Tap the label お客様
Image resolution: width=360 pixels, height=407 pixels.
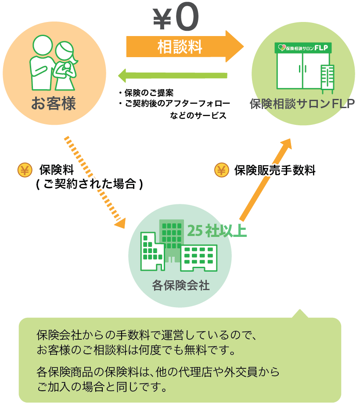[x=54, y=104]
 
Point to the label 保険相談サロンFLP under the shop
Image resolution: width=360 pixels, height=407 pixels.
[x=302, y=104]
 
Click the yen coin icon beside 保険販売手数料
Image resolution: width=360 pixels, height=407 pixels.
[x=221, y=170]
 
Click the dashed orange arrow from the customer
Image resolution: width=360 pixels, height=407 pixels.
[x=94, y=182]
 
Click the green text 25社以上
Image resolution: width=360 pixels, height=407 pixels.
[x=216, y=231]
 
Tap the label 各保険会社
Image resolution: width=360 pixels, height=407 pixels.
[x=180, y=286]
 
